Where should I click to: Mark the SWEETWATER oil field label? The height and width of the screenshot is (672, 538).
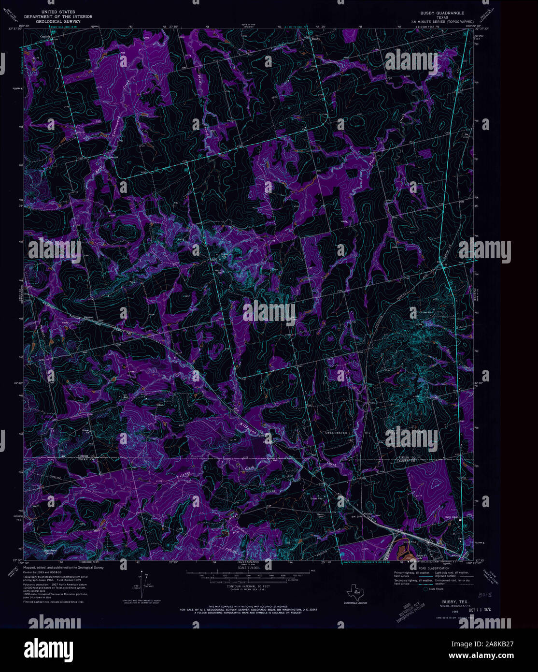pos(337,433)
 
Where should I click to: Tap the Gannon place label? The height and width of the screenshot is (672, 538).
pos(89,317)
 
